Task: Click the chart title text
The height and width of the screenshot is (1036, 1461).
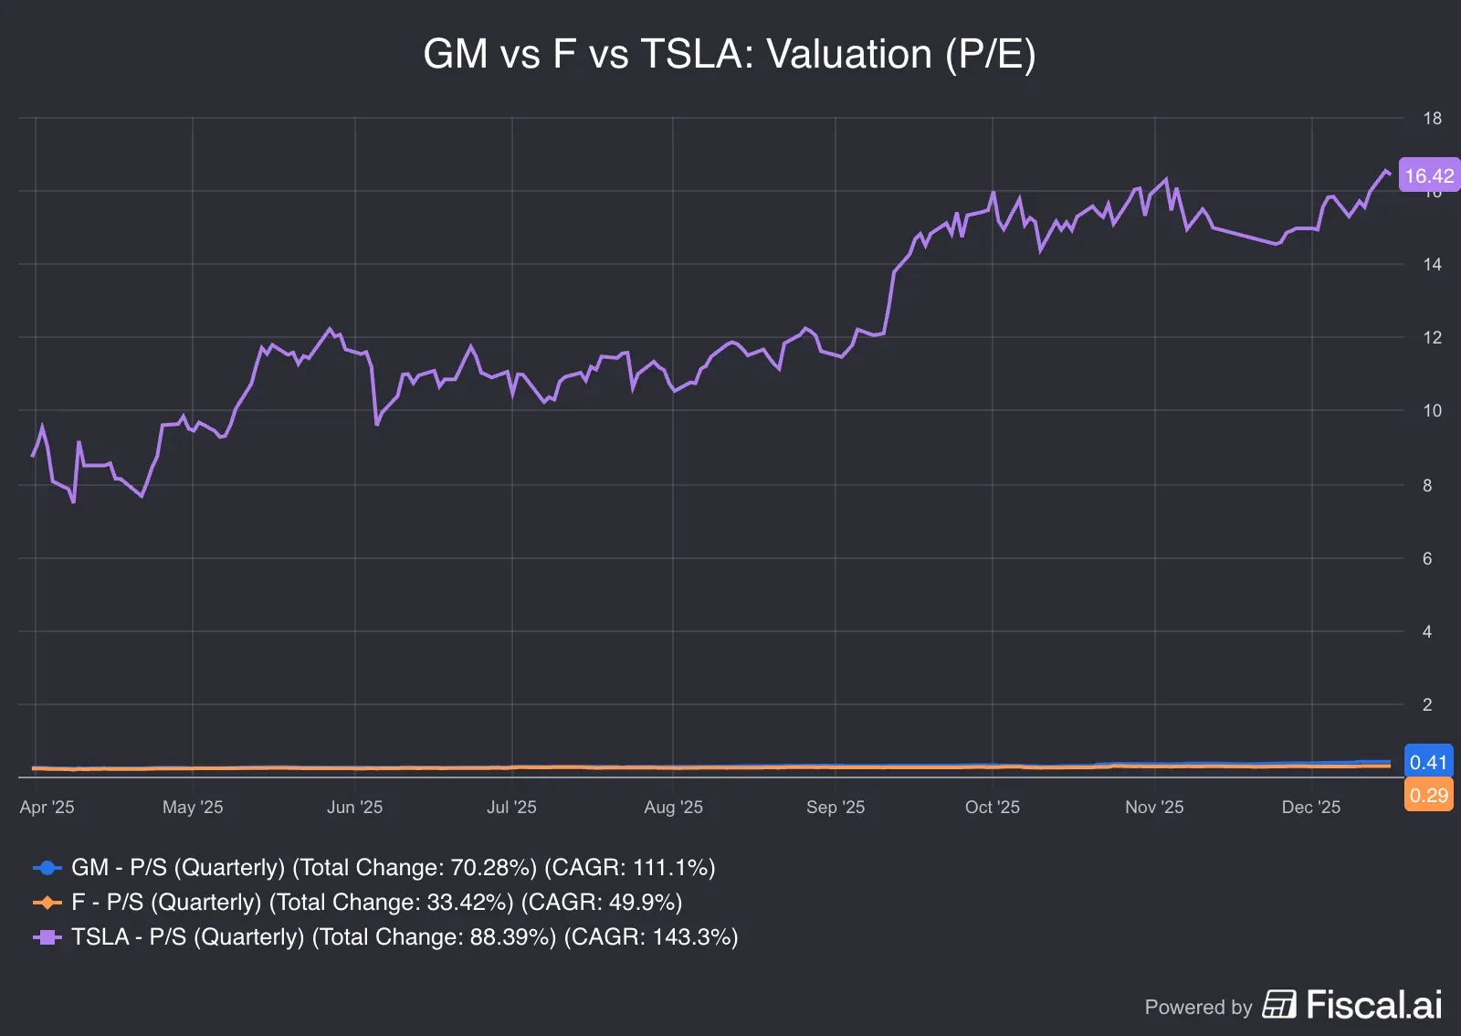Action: (730, 54)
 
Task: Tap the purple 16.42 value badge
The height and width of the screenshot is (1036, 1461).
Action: (1428, 175)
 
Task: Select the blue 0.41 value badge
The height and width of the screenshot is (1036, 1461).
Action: (1428, 762)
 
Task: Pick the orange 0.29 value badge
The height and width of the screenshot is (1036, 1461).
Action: (1428, 795)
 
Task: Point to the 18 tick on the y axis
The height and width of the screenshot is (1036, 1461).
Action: (1432, 118)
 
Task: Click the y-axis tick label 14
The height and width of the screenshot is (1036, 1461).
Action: (1432, 264)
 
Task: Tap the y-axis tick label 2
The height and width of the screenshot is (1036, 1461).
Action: (1427, 704)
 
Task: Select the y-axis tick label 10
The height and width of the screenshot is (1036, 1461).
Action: (1432, 410)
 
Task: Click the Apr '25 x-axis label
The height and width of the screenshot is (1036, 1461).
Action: (47, 807)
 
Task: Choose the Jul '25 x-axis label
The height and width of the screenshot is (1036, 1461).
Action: (511, 807)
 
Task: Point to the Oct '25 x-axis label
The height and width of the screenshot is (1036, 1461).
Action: (992, 807)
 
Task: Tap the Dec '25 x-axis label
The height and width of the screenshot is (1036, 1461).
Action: (1310, 807)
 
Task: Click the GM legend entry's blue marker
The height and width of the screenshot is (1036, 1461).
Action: (47, 867)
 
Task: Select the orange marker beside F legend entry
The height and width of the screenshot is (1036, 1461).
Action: (47, 903)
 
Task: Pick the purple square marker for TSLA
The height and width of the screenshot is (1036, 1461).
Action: (47, 937)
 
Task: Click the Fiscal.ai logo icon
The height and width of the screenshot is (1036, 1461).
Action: (1279, 1005)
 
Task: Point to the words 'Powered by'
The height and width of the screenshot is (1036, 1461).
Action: (1198, 1007)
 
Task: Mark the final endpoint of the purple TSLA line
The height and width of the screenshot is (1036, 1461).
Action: (1390, 174)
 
